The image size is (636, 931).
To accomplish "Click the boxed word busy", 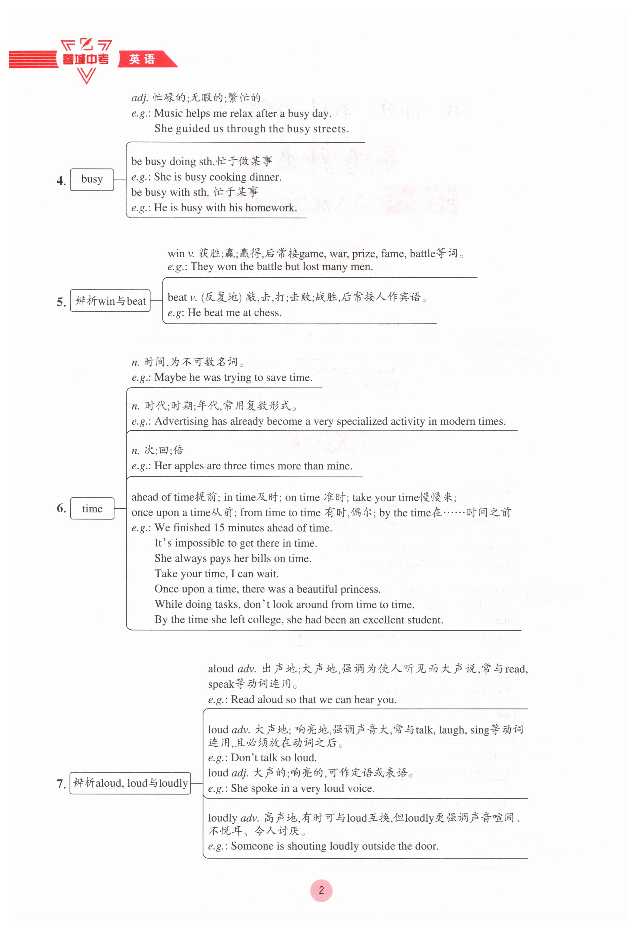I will (92, 179).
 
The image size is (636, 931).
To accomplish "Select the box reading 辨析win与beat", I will (110, 301).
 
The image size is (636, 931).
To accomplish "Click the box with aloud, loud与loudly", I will (130, 783).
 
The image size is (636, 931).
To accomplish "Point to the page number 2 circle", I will (321, 890).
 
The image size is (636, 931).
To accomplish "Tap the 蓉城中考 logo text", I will (85, 59).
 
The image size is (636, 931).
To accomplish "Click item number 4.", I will (61, 181).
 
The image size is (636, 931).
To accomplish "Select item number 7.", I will (61, 784).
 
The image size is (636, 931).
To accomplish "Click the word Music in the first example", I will (168, 113).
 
